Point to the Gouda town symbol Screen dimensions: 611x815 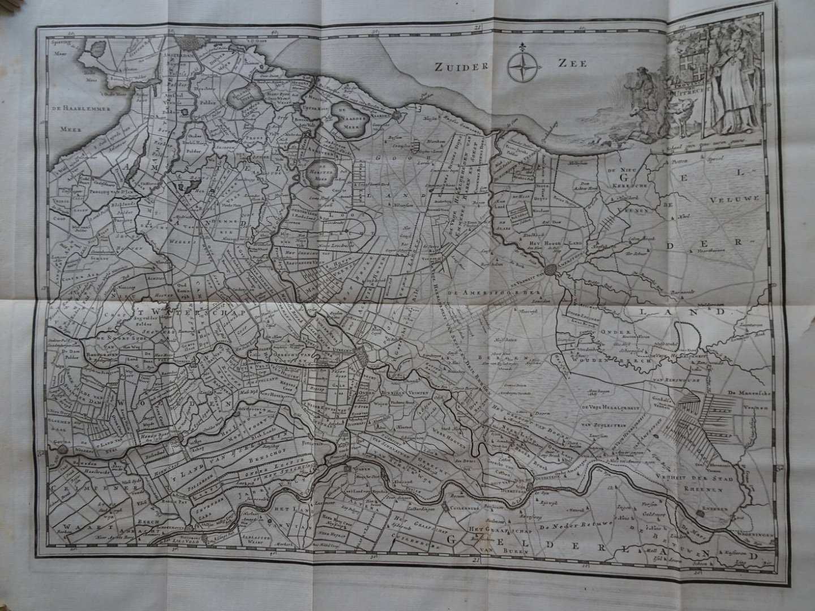(63, 450)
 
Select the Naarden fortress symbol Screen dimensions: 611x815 (397, 115)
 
